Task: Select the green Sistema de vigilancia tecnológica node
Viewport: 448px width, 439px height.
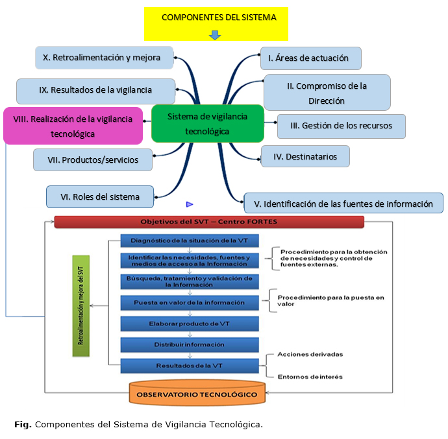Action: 207,123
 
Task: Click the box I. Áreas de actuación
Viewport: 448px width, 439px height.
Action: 310,58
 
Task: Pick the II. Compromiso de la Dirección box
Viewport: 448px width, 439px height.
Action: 327,92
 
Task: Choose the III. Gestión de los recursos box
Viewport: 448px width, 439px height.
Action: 341,126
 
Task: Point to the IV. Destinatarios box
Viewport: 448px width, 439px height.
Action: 305,156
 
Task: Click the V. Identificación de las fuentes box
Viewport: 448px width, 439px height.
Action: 343,204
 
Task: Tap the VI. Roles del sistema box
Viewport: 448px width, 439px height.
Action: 101,196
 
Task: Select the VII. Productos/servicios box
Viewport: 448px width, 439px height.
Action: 93,160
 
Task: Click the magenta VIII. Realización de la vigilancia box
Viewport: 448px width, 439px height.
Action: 73,126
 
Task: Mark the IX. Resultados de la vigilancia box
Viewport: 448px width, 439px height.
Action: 95,91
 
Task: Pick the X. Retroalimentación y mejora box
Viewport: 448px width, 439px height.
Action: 104,57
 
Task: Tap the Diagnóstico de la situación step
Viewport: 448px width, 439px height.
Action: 190,241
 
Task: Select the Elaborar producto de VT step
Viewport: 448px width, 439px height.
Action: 190,323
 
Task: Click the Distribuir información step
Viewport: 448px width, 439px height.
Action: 190,344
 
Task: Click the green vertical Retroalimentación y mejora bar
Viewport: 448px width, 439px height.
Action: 81,305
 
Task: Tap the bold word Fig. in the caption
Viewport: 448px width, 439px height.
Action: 22,425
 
